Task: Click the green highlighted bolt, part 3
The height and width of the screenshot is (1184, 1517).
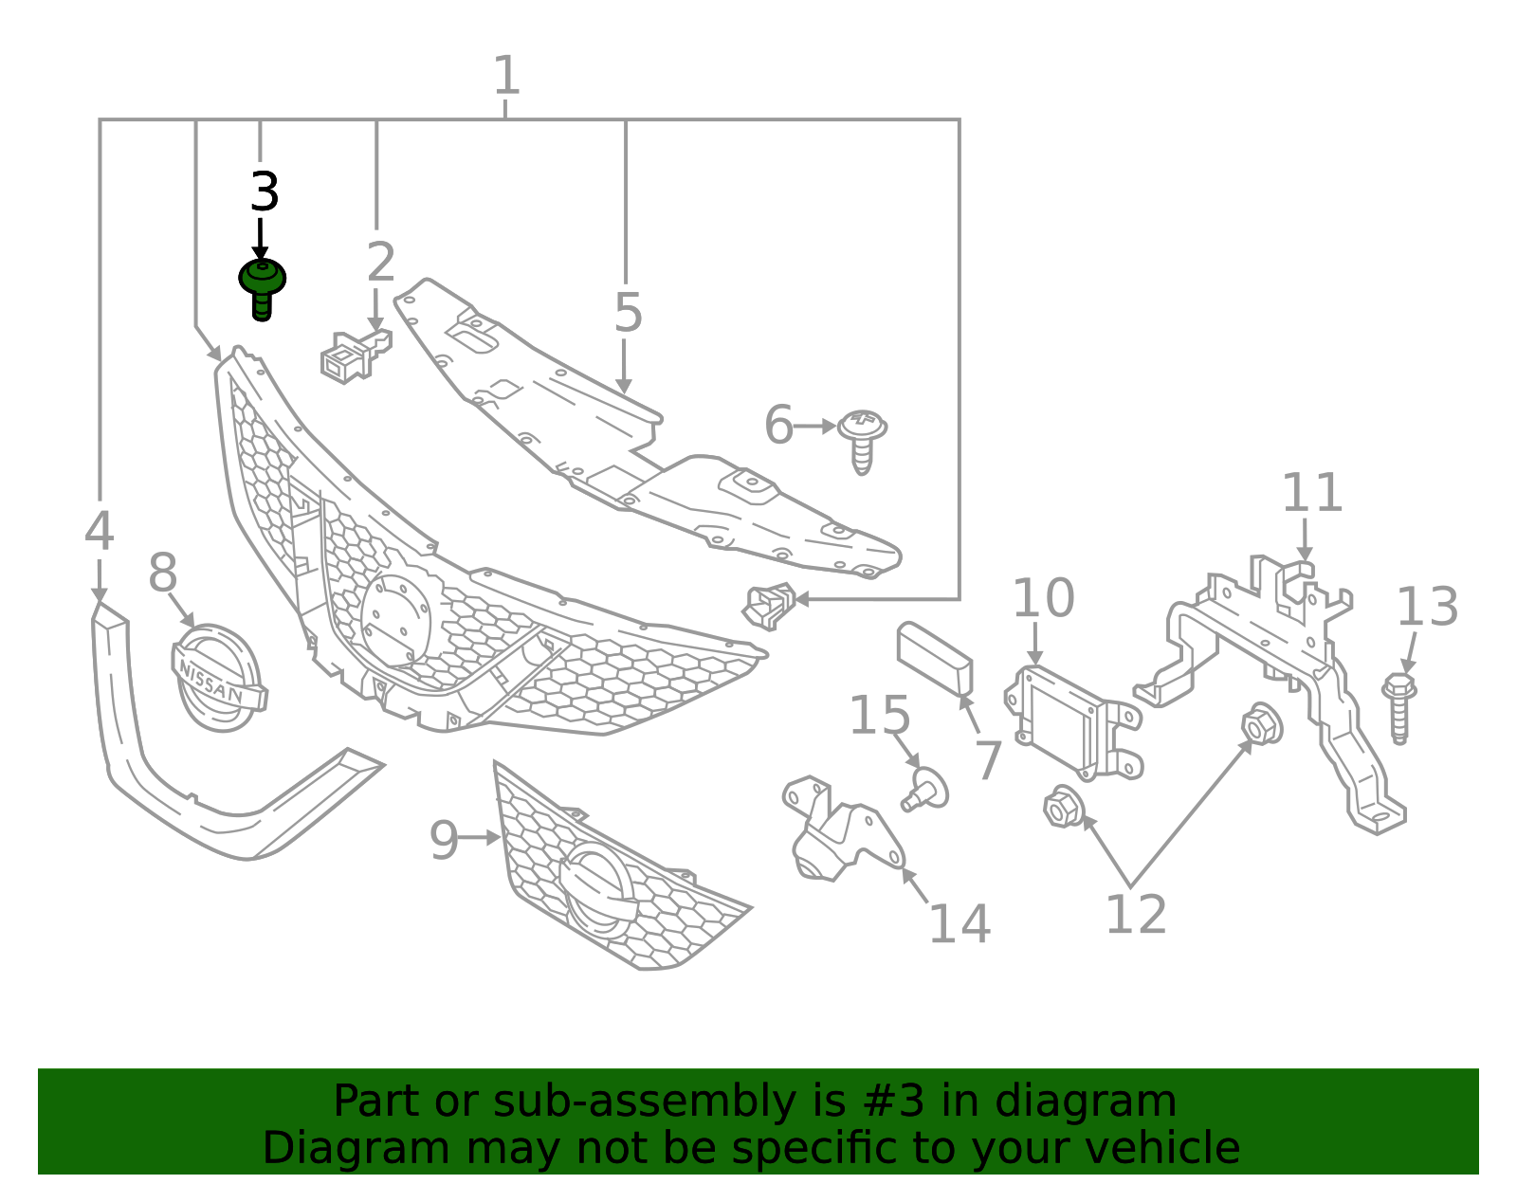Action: (x=262, y=286)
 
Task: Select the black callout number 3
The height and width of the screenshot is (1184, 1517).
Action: (x=265, y=192)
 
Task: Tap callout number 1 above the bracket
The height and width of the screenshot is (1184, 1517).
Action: (x=506, y=75)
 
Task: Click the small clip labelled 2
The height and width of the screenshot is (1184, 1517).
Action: (x=353, y=356)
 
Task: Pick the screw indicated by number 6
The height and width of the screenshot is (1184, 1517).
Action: (x=863, y=438)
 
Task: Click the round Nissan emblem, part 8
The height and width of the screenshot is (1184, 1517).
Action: (x=218, y=677)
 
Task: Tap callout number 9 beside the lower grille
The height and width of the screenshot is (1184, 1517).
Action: (x=443, y=840)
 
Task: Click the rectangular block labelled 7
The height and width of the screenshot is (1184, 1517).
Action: (x=935, y=659)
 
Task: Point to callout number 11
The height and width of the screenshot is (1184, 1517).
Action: (x=1312, y=493)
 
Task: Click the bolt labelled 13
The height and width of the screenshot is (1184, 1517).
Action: (x=1399, y=707)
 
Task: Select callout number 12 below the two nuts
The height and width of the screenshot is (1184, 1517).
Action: (x=1136, y=916)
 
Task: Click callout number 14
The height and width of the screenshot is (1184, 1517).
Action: (x=959, y=924)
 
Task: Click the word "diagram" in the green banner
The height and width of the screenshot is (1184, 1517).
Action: (x=1115, y=1102)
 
